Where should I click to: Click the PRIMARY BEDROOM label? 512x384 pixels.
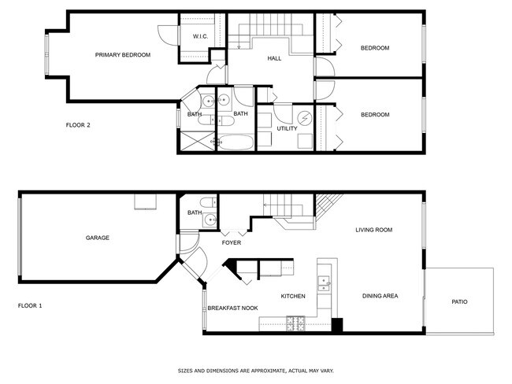coord(122,55)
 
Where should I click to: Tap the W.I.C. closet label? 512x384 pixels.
coord(199,37)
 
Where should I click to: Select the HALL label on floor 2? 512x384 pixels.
coord(274,58)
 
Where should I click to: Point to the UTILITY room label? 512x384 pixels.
coord(287,128)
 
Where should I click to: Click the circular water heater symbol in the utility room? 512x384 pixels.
coord(304,120)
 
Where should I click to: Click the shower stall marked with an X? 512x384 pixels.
coord(194,142)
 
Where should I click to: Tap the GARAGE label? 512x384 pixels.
coord(98,238)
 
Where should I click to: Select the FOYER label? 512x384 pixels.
coord(231,243)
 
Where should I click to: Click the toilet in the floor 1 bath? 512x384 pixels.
coord(206,201)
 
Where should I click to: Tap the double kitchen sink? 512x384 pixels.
coord(323,282)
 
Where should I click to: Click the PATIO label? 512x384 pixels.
coord(459,301)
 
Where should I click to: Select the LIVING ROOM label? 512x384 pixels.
coord(373,230)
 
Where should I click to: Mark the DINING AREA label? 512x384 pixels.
coord(380,296)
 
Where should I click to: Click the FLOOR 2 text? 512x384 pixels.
coord(78,124)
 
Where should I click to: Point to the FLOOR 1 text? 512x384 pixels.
coord(30,305)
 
